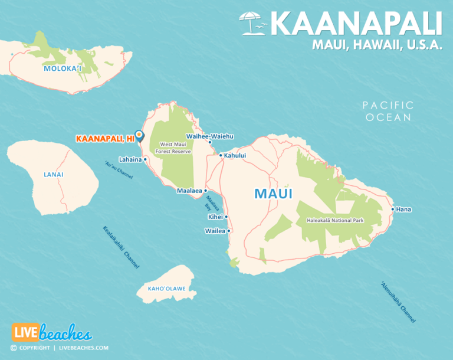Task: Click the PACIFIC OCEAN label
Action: pos(388,111)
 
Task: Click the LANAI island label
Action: pos(54,175)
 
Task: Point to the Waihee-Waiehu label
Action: pos(210,136)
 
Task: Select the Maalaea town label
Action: pos(189,191)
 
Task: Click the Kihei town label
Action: pos(215,217)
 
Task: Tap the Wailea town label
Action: pos(215,231)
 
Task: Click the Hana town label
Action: pos(404,209)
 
